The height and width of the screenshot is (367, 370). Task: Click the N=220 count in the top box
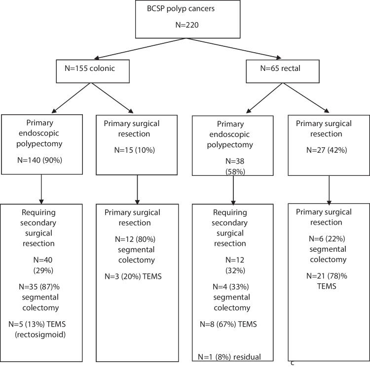coord(187,25)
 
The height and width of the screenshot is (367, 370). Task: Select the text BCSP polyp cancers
coord(181,9)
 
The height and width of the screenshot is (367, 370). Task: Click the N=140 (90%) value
coord(39,160)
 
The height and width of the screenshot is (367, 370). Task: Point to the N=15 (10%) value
coord(135,150)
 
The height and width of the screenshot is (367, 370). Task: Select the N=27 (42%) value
coord(327,150)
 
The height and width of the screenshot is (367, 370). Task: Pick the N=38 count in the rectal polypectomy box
coord(235,161)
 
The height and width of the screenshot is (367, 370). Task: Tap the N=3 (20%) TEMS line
coord(133,276)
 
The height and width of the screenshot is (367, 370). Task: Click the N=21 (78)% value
coord(327,276)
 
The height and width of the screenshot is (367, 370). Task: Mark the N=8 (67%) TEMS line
coord(228,324)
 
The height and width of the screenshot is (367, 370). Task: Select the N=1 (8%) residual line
coord(229,357)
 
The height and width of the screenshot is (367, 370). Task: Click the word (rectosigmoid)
coord(40,334)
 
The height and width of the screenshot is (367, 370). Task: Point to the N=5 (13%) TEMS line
coord(37,324)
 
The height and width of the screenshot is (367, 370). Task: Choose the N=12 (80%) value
coord(135,239)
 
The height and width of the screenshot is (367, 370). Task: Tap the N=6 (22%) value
coord(327,239)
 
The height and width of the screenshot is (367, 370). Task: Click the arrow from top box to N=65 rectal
coord(234,48)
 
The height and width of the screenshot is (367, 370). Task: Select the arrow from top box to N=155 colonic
coord(141,48)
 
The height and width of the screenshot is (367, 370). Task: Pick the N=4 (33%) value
coord(231,287)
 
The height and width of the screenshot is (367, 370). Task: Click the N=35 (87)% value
coord(39,287)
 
